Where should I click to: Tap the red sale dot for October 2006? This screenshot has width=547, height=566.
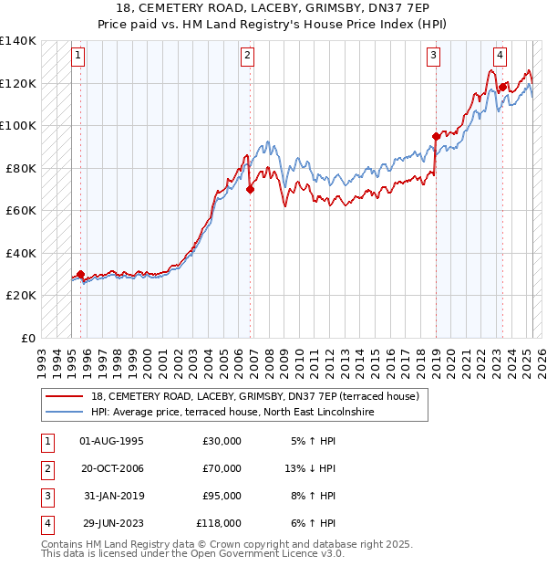point(250,189)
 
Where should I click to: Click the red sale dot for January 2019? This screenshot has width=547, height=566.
point(436,136)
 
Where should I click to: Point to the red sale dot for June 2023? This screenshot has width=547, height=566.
point(502,87)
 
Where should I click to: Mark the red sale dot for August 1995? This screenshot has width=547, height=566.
point(81,274)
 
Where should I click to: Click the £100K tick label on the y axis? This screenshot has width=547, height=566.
point(17,125)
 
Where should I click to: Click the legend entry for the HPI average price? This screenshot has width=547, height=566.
point(232,412)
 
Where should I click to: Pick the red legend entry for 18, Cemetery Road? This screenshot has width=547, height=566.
point(254,396)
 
